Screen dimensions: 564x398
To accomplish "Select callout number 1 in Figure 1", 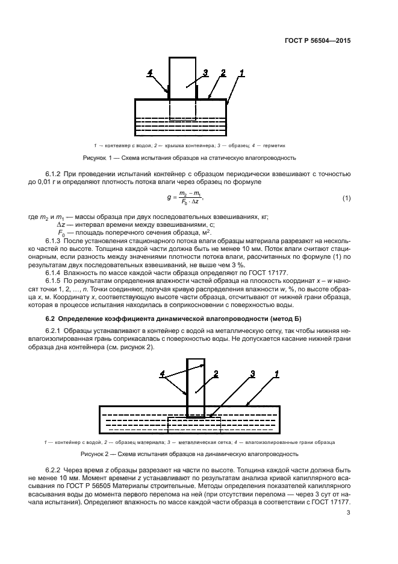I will coord(242,73).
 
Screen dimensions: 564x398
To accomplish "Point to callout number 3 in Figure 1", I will coord(205,73).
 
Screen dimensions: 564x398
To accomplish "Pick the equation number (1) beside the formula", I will coord(346,198).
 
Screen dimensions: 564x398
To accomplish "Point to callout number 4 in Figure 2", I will coord(162,375).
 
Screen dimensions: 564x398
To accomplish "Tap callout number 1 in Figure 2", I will coord(276,375).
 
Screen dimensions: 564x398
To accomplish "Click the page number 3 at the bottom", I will coord(349,513).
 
